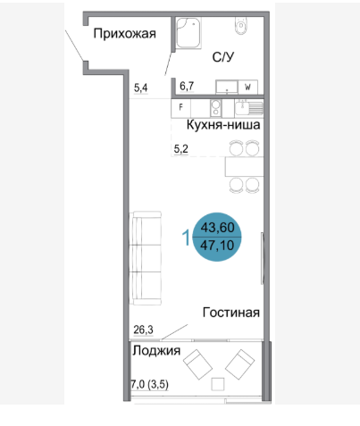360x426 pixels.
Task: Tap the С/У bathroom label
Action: point(223,57)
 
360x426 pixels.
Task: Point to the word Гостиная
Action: point(230,313)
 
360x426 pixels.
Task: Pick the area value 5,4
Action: point(141,88)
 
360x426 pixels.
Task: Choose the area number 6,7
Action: point(186,88)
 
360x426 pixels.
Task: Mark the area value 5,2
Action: point(180,149)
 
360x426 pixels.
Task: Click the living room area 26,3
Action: point(143,330)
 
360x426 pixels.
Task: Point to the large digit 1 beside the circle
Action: point(186,238)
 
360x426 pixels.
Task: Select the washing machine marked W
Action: point(247,88)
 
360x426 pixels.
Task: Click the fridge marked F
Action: point(182,108)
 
